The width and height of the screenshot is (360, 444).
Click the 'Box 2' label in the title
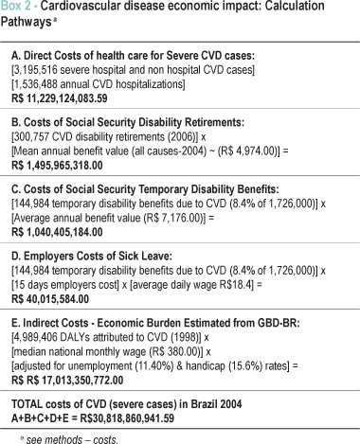point(16,6)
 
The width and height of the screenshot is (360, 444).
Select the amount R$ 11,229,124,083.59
point(60,98)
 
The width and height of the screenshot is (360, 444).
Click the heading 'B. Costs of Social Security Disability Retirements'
point(128,122)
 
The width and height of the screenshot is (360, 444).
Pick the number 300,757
point(31,137)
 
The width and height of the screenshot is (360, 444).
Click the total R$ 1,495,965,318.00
point(57,166)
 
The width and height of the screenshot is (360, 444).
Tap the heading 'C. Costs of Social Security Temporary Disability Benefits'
point(145,189)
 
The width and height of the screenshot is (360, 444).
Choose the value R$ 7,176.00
point(173,218)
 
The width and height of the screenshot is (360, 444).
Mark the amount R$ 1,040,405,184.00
point(57,233)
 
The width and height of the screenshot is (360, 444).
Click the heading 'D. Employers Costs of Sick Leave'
point(92,257)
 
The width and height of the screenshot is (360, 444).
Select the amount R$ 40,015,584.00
point(50,299)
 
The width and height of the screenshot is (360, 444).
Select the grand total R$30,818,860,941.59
point(127,418)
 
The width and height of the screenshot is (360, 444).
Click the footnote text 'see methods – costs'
point(72,439)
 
